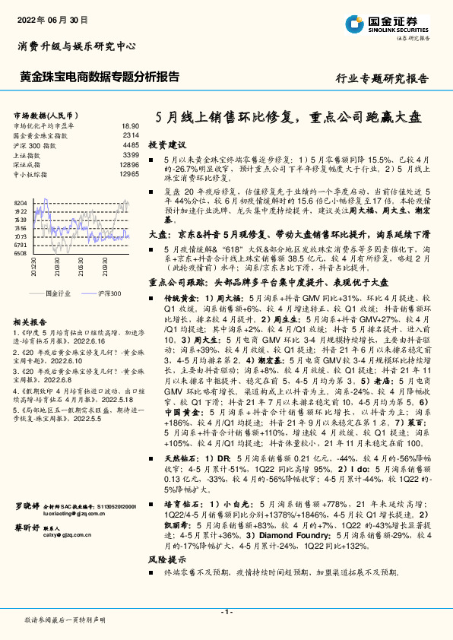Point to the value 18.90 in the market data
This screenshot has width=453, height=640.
(131, 125)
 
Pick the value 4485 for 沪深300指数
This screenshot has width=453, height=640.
(131, 144)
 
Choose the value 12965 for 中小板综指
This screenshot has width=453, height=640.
(129, 174)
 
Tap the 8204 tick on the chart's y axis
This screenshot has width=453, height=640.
(20, 203)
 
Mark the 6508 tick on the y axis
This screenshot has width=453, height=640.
(20, 252)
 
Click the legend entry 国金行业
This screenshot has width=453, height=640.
(56, 293)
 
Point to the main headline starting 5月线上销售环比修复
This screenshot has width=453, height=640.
(287, 118)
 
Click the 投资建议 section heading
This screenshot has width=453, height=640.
(166, 144)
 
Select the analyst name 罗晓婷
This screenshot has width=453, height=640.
(27, 505)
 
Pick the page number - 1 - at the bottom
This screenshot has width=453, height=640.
(226, 612)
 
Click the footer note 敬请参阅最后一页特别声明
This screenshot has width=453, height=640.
(65, 620)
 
